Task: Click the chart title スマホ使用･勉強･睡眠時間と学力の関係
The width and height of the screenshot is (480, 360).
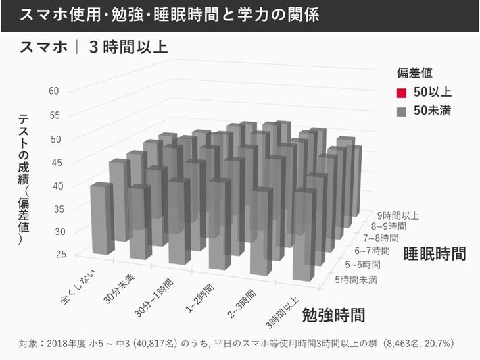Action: point(170,14)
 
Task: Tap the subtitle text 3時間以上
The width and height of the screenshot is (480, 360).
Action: point(128,49)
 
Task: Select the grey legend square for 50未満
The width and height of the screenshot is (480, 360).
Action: point(401,111)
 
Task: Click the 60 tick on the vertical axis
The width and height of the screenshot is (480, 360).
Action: point(54,91)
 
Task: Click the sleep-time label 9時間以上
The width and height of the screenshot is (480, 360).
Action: point(398,216)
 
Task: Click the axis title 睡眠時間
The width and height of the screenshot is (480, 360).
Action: point(435,254)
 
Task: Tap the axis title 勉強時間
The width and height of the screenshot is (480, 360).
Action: point(334,315)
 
